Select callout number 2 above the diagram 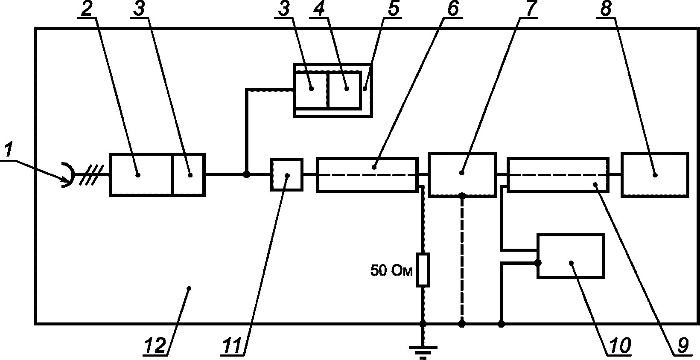click(87, 9)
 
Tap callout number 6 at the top click(453, 9)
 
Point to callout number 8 click(606, 9)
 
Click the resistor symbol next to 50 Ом click(423, 270)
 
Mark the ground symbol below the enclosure click(423, 352)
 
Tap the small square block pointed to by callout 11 click(286, 175)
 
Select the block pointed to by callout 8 click(655, 174)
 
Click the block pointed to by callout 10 click(571, 256)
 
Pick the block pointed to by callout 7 click(462, 174)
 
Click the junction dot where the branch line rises click(247, 174)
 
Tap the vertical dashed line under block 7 click(462, 260)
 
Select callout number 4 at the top click(319, 9)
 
